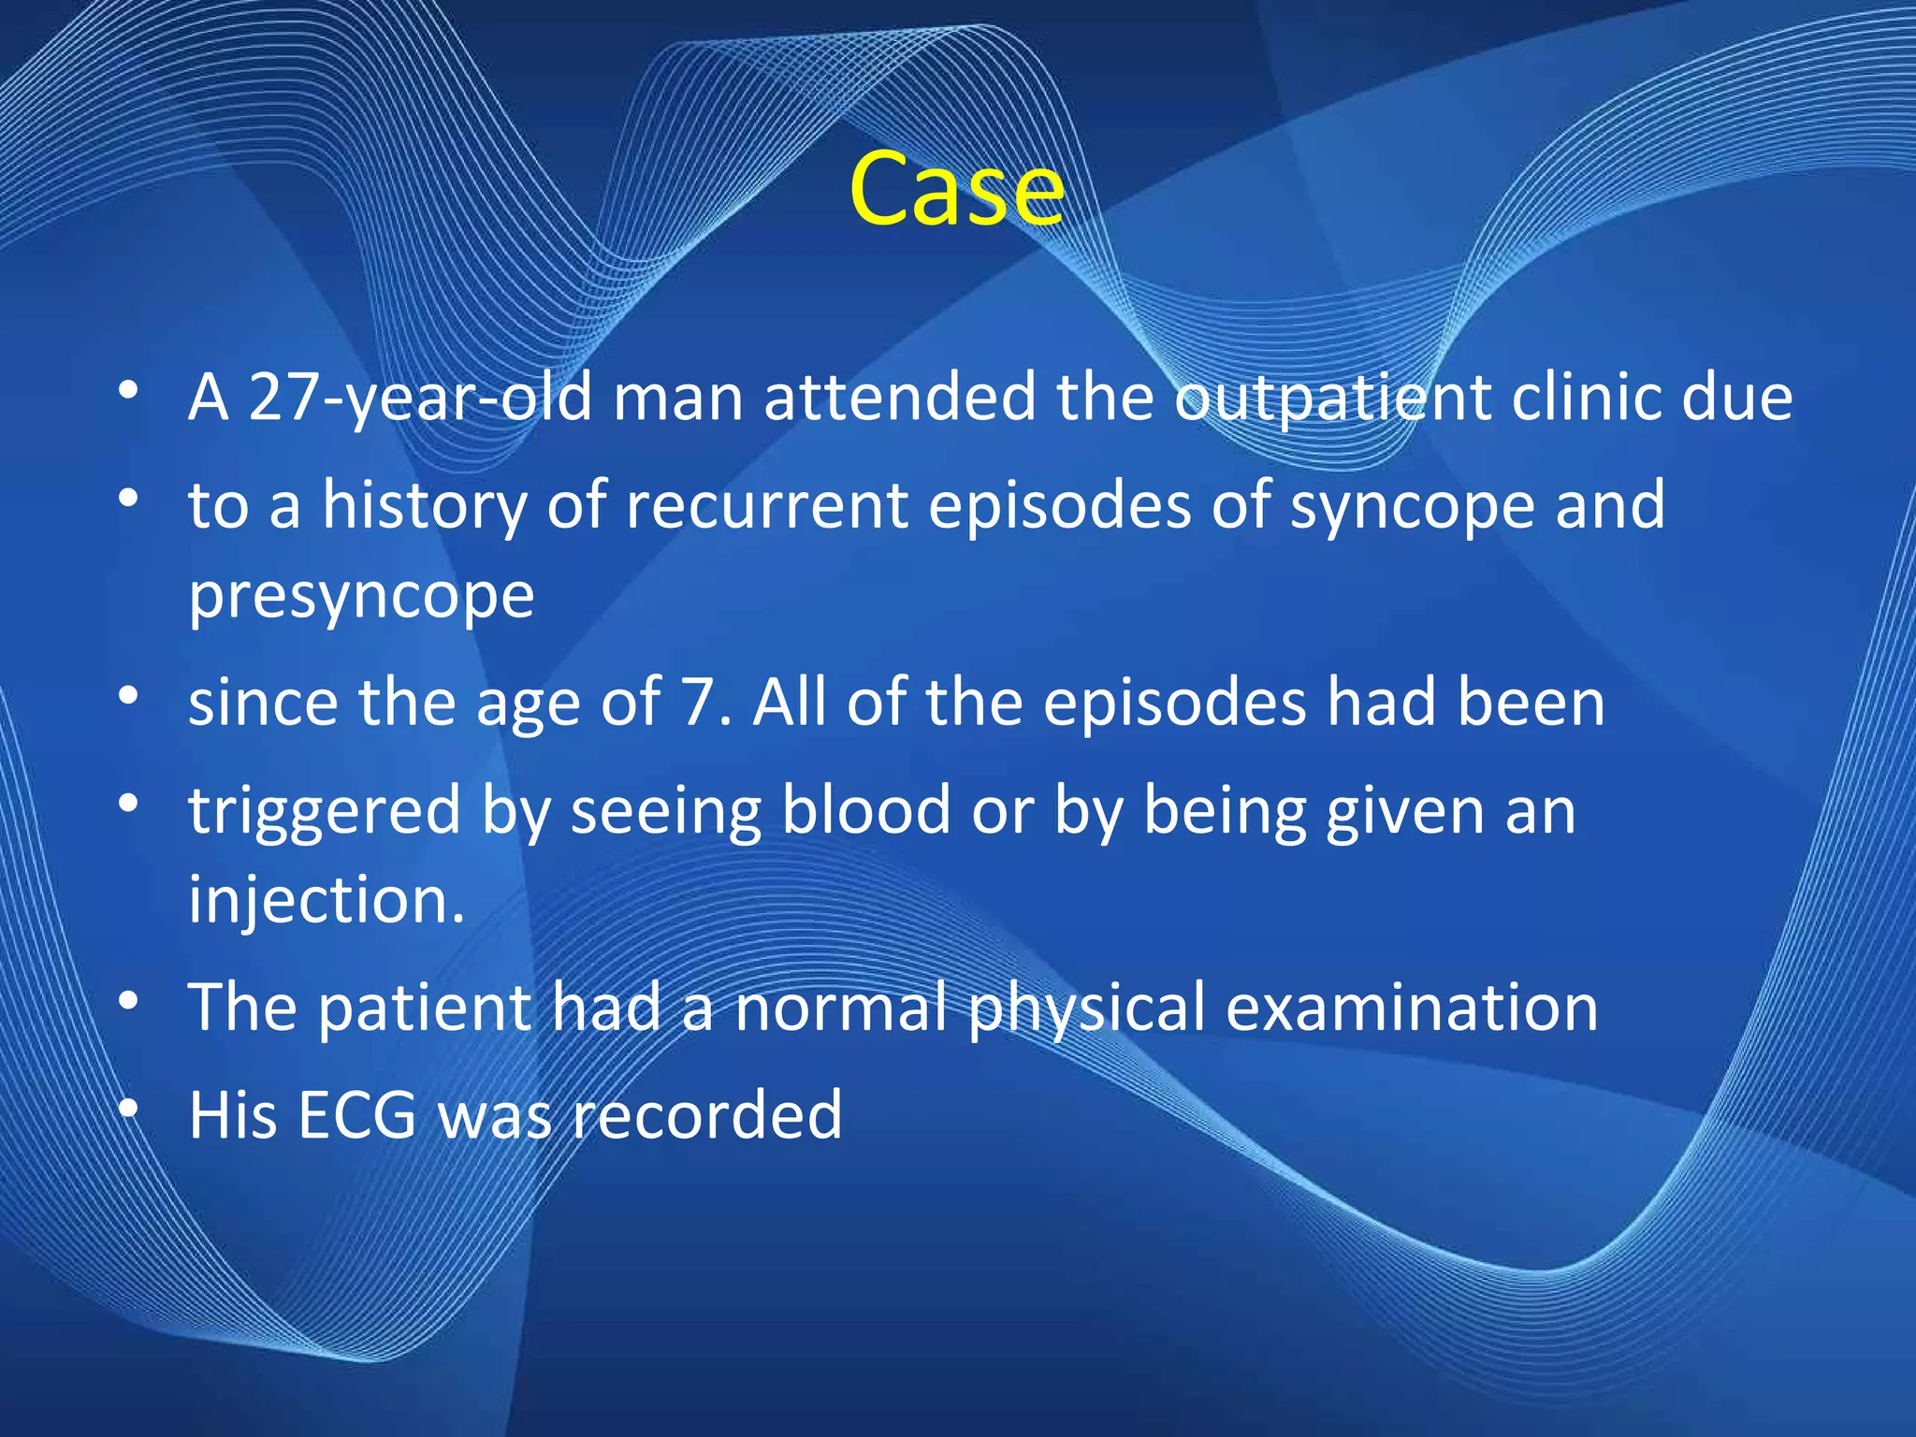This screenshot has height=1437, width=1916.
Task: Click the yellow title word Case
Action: click(956, 189)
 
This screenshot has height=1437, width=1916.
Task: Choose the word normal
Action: click(840, 1007)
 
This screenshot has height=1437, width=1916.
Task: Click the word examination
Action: click(1412, 1007)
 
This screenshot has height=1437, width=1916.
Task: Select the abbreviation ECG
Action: click(356, 1115)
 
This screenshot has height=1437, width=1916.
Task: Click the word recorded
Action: click(707, 1115)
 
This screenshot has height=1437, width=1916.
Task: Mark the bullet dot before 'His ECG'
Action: click(129, 1110)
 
